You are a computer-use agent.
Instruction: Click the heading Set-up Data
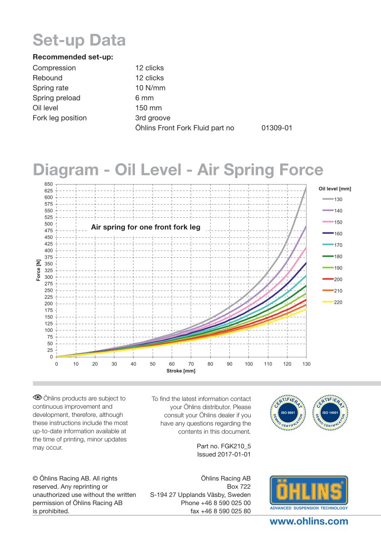pos(79,40)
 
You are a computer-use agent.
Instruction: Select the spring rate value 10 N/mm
pos(150,88)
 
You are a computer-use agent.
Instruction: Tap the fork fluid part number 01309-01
pos(277,128)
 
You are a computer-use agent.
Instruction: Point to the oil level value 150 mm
pos(148,108)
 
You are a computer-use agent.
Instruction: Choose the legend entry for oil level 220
pos(334,302)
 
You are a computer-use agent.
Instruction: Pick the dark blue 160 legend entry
pos(334,234)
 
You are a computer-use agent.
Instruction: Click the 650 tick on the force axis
pos(48,184)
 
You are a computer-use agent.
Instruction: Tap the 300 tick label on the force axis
pos(48,277)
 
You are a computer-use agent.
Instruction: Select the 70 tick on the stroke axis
pos(191,364)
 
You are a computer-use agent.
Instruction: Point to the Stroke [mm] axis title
pos(181,371)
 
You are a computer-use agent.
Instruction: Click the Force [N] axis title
pos(39,270)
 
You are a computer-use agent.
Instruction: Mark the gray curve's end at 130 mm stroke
pos(306,187)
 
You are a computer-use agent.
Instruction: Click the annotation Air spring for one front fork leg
pos(145,226)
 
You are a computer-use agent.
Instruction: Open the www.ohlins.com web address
pos(309,521)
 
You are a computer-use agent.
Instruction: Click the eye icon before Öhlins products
pos(37,398)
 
